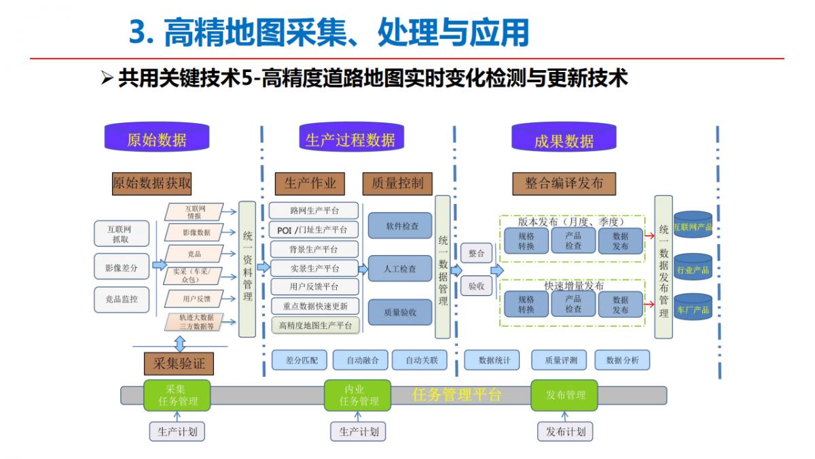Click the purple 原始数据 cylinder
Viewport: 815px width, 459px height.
(156, 139)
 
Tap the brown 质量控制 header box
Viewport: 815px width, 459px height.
(397, 183)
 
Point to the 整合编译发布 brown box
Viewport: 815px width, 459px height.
(564, 183)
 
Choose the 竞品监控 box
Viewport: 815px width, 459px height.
(120, 299)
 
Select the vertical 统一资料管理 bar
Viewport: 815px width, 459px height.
(247, 269)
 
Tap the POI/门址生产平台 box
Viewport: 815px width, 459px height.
(313, 229)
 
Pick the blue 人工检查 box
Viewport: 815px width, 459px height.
(400, 269)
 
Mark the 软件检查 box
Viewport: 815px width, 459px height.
(400, 226)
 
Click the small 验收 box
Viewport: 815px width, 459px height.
(476, 287)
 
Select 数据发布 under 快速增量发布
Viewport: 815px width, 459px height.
(620, 305)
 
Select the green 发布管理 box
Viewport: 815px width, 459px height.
(564, 394)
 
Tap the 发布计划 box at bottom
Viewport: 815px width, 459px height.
(565, 432)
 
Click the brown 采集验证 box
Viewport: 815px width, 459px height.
(179, 364)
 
